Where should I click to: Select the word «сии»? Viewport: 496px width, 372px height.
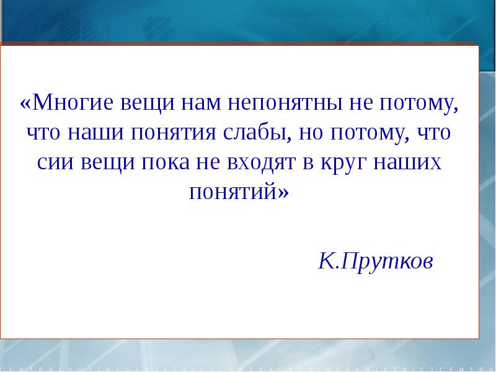coord(56,163)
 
